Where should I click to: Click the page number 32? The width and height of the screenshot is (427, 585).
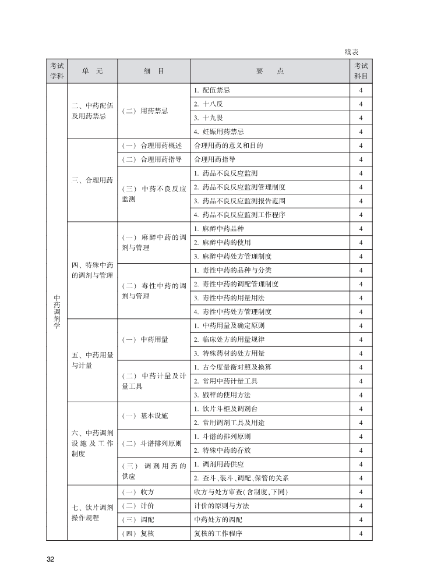[50, 559]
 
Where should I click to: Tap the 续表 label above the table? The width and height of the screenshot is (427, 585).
[351, 52]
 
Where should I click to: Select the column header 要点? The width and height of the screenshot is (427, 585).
[270, 71]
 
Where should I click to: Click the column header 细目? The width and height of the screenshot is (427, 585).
[154, 71]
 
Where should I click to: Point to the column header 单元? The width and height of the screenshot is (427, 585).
[92, 71]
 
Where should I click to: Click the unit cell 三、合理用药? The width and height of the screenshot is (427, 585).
[92, 180]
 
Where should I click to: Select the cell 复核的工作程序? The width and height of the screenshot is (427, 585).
[218, 534]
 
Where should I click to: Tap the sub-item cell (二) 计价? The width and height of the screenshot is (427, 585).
[138, 506]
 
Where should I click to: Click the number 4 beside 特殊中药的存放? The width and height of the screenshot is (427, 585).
[361, 451]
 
